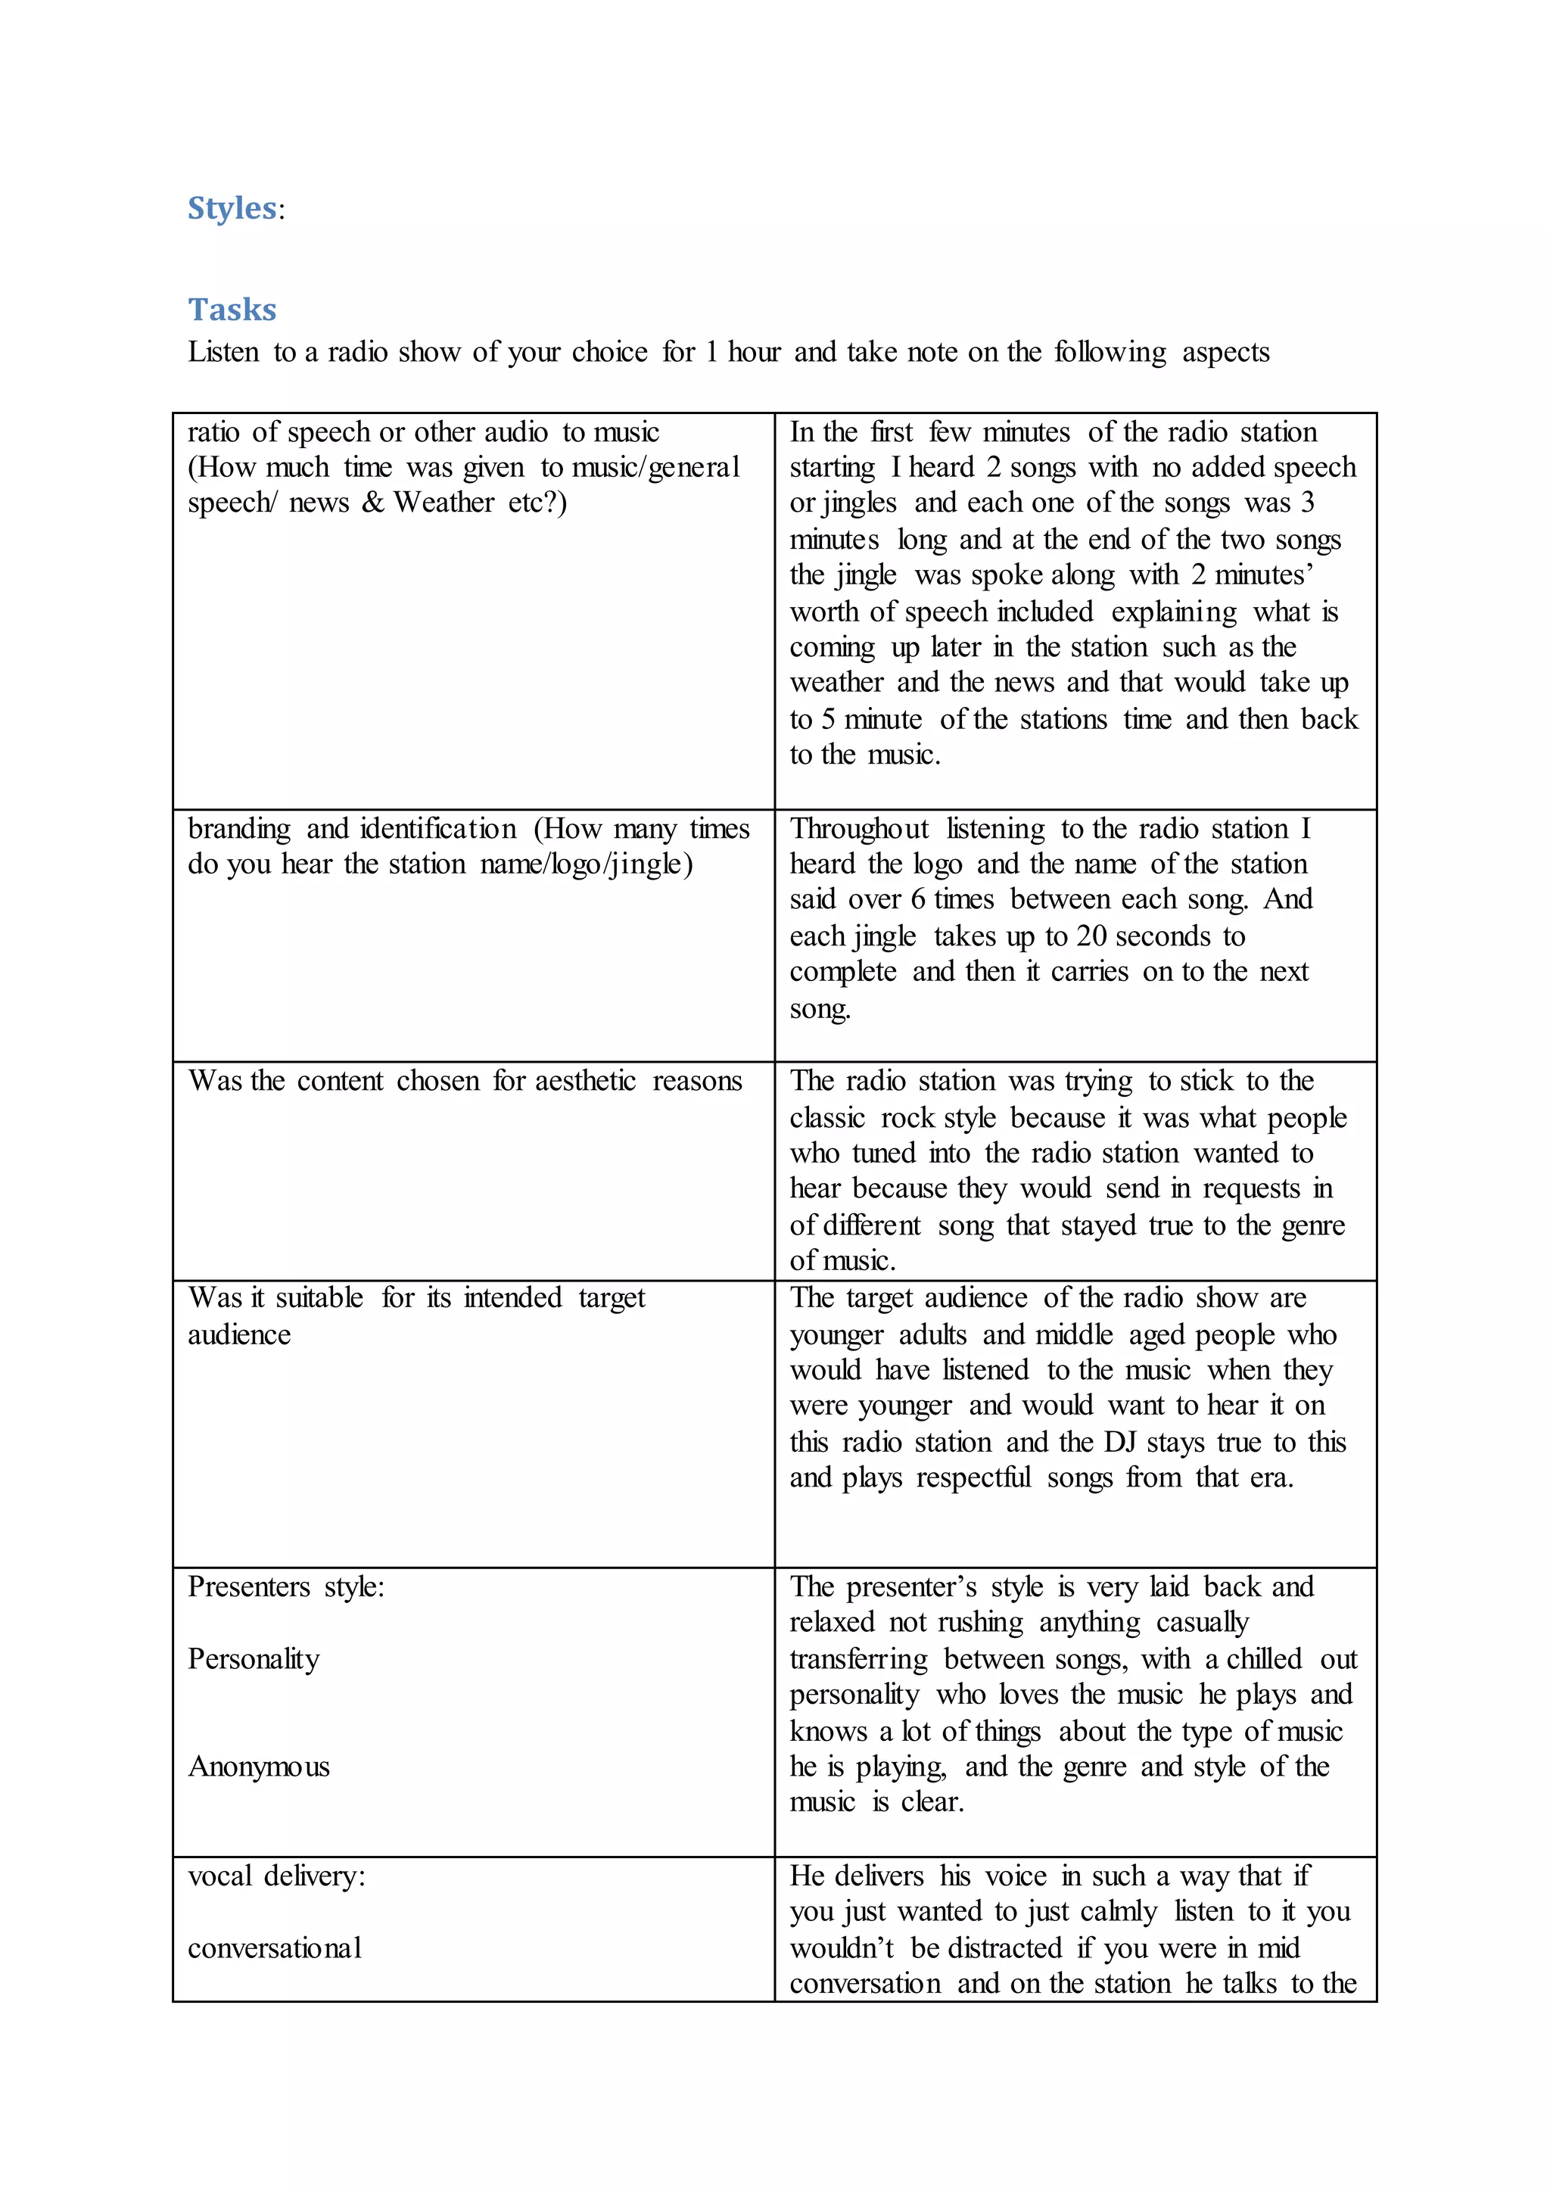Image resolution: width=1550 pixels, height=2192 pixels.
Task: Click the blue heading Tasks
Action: click(232, 310)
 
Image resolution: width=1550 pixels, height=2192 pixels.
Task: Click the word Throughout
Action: click(859, 829)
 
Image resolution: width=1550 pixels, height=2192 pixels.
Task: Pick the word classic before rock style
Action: click(826, 1118)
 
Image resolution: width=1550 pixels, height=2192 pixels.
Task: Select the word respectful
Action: click(973, 1478)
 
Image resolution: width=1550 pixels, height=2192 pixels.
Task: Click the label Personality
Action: click(254, 1659)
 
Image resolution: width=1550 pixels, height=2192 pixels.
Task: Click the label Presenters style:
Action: click(286, 1586)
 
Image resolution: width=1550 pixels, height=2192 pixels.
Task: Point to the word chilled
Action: click(1264, 1659)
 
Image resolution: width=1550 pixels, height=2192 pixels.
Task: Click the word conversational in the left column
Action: click(275, 1948)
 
